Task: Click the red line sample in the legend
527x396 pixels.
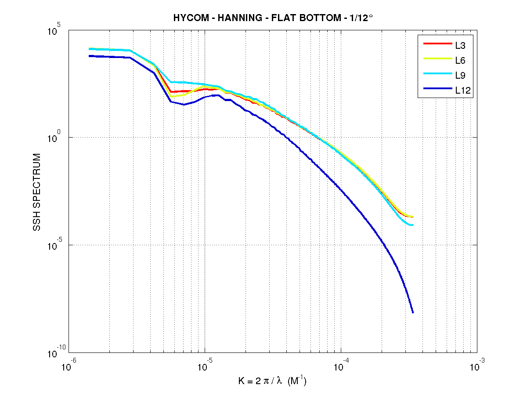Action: (437, 44)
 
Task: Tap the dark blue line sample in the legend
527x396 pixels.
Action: (437, 90)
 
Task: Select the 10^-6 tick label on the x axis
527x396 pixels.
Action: (69, 365)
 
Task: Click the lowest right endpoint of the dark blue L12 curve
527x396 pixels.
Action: (413, 312)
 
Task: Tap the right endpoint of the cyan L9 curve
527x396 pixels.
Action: (413, 225)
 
